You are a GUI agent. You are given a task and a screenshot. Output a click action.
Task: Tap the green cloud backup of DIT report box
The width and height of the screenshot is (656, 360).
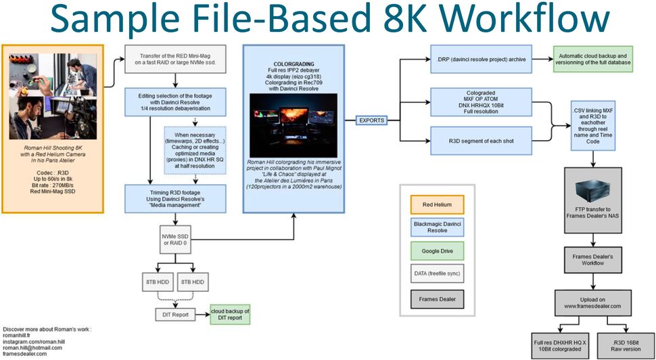pyautogui.click(x=230, y=315)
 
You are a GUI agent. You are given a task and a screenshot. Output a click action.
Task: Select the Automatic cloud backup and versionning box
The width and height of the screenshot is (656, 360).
pyautogui.click(x=594, y=59)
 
